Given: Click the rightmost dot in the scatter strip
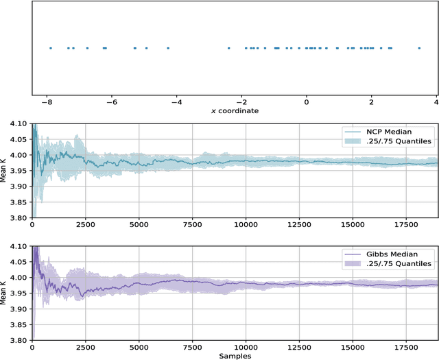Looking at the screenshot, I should [x=419, y=48].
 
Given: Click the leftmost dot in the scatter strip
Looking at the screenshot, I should [x=50, y=48].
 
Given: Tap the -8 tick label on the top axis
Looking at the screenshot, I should [x=47, y=103].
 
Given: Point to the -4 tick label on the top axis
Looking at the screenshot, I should [x=176, y=103].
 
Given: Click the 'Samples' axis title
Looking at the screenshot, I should [x=235, y=355].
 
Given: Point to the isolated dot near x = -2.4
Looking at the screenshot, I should [x=228, y=48].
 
